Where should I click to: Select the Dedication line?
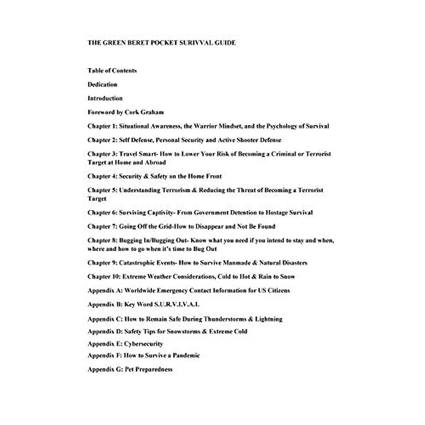click(x=102, y=85)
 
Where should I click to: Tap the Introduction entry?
click(x=105, y=98)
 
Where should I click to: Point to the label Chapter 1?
click(x=102, y=126)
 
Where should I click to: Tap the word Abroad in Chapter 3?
click(x=155, y=163)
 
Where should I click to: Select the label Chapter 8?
click(x=102, y=240)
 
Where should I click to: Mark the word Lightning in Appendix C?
click(x=268, y=319)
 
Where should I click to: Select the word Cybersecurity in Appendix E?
click(x=143, y=344)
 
